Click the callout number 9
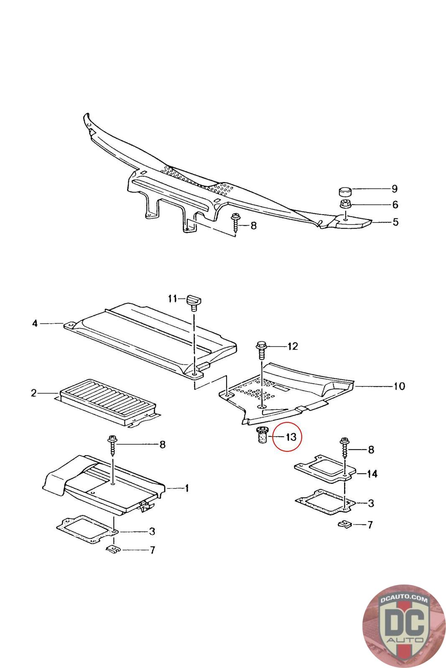click(394, 189)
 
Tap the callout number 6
click(394, 205)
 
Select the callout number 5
click(395, 222)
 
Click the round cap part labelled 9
click(344, 192)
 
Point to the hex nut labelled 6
click(345, 205)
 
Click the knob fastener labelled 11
click(194, 301)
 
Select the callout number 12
click(293, 346)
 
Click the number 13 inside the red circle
click(291, 437)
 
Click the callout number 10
click(399, 386)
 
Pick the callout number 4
click(35, 323)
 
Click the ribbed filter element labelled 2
click(108, 402)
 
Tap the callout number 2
click(33, 393)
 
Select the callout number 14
click(372, 474)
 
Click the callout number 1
click(187, 488)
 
